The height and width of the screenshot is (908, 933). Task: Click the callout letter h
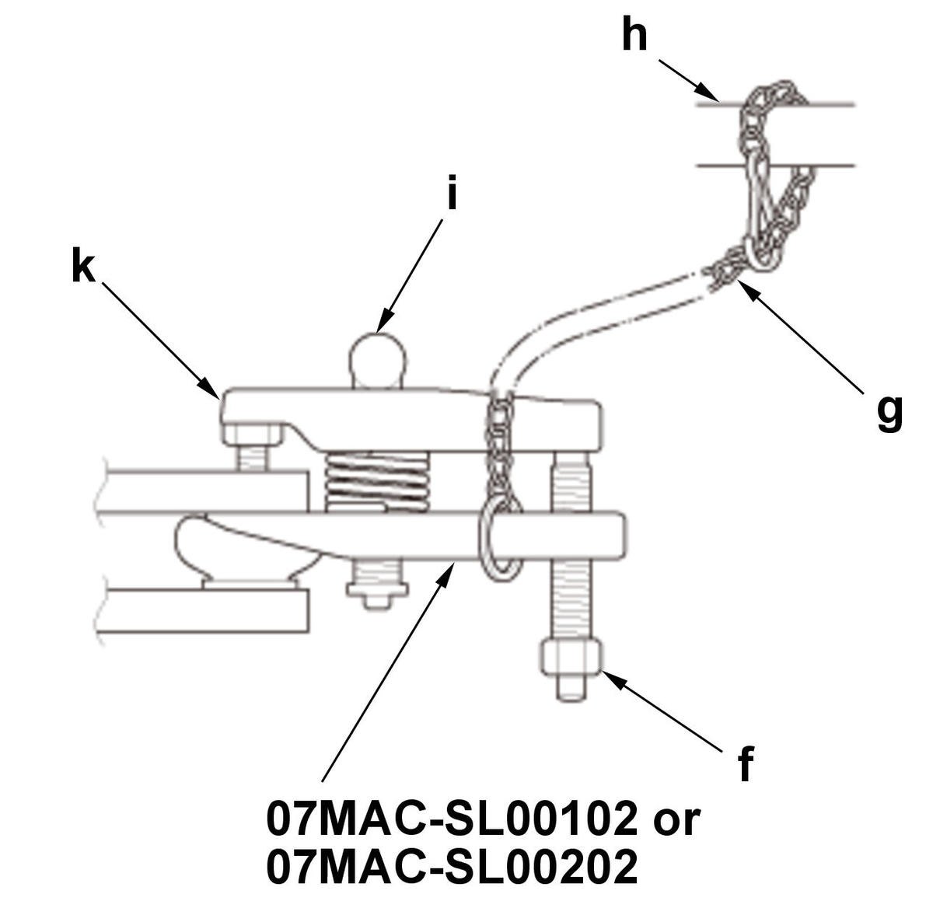tap(634, 33)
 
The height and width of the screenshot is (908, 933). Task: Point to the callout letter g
tap(889, 414)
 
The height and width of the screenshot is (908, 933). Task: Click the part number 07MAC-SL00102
tap(452, 819)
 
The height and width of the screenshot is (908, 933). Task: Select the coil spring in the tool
tap(376, 482)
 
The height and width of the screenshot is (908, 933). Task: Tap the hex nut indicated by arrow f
tap(571, 657)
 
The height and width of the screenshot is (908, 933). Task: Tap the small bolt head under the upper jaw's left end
tap(252, 435)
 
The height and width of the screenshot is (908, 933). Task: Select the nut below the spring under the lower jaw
tap(377, 590)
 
